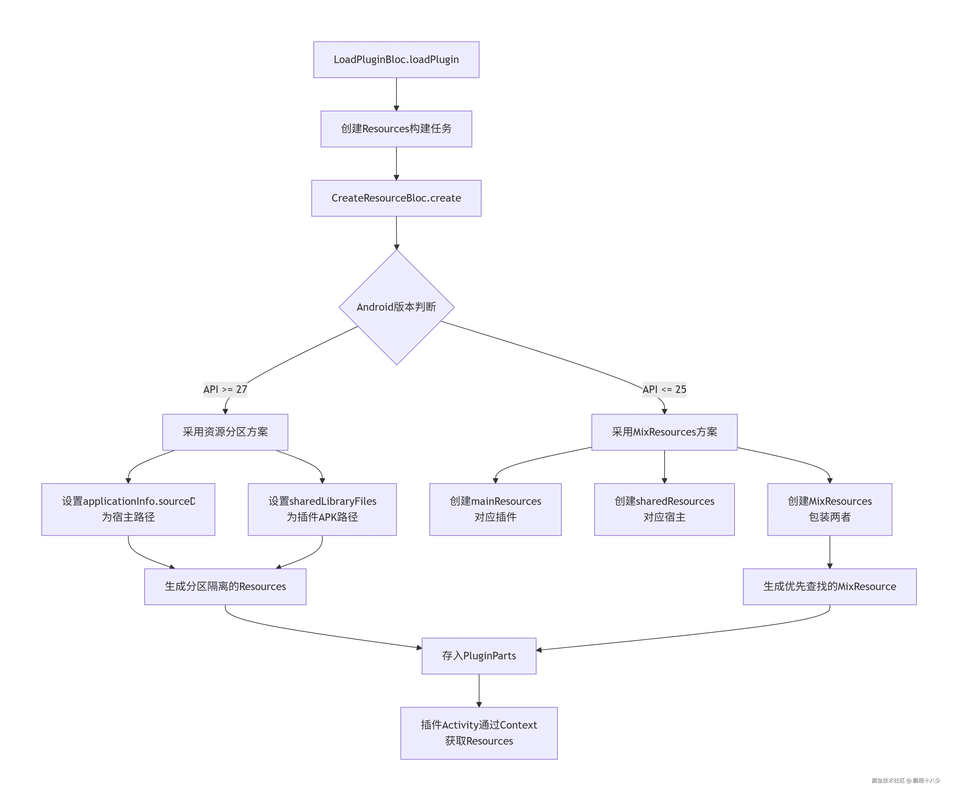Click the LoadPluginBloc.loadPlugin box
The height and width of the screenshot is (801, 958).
(x=396, y=60)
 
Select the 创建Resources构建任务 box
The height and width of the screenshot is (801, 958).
(x=396, y=129)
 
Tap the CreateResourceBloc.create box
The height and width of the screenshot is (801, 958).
(x=396, y=198)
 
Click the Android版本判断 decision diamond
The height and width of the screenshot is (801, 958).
(x=396, y=307)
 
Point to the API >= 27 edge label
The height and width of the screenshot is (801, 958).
(x=225, y=389)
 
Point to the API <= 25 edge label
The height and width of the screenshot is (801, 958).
(x=664, y=389)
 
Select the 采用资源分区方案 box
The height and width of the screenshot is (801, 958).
(x=225, y=432)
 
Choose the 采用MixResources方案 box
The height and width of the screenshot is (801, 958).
(x=664, y=432)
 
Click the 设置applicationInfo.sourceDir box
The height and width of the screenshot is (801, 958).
(x=128, y=509)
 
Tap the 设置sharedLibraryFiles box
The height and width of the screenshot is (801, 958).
(x=322, y=509)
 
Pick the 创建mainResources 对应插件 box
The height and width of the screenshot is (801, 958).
(x=495, y=509)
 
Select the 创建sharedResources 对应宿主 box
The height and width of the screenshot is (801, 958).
(x=664, y=509)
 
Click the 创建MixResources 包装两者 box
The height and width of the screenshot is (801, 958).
(x=829, y=509)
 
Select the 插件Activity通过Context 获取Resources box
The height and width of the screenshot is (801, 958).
(x=478, y=733)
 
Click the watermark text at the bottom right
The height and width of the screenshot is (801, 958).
(x=906, y=781)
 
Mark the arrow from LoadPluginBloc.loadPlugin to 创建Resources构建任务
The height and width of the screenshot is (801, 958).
(x=396, y=94)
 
